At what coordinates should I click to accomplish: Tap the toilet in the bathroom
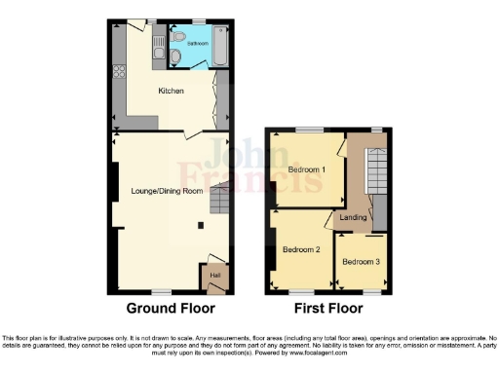tap(174, 58)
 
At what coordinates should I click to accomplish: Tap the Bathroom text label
tap(192, 44)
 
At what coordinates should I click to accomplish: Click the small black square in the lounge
tap(202, 226)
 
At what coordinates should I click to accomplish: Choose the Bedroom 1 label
tap(307, 170)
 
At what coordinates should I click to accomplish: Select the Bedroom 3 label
tap(361, 261)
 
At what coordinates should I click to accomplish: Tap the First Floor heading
tap(328, 309)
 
